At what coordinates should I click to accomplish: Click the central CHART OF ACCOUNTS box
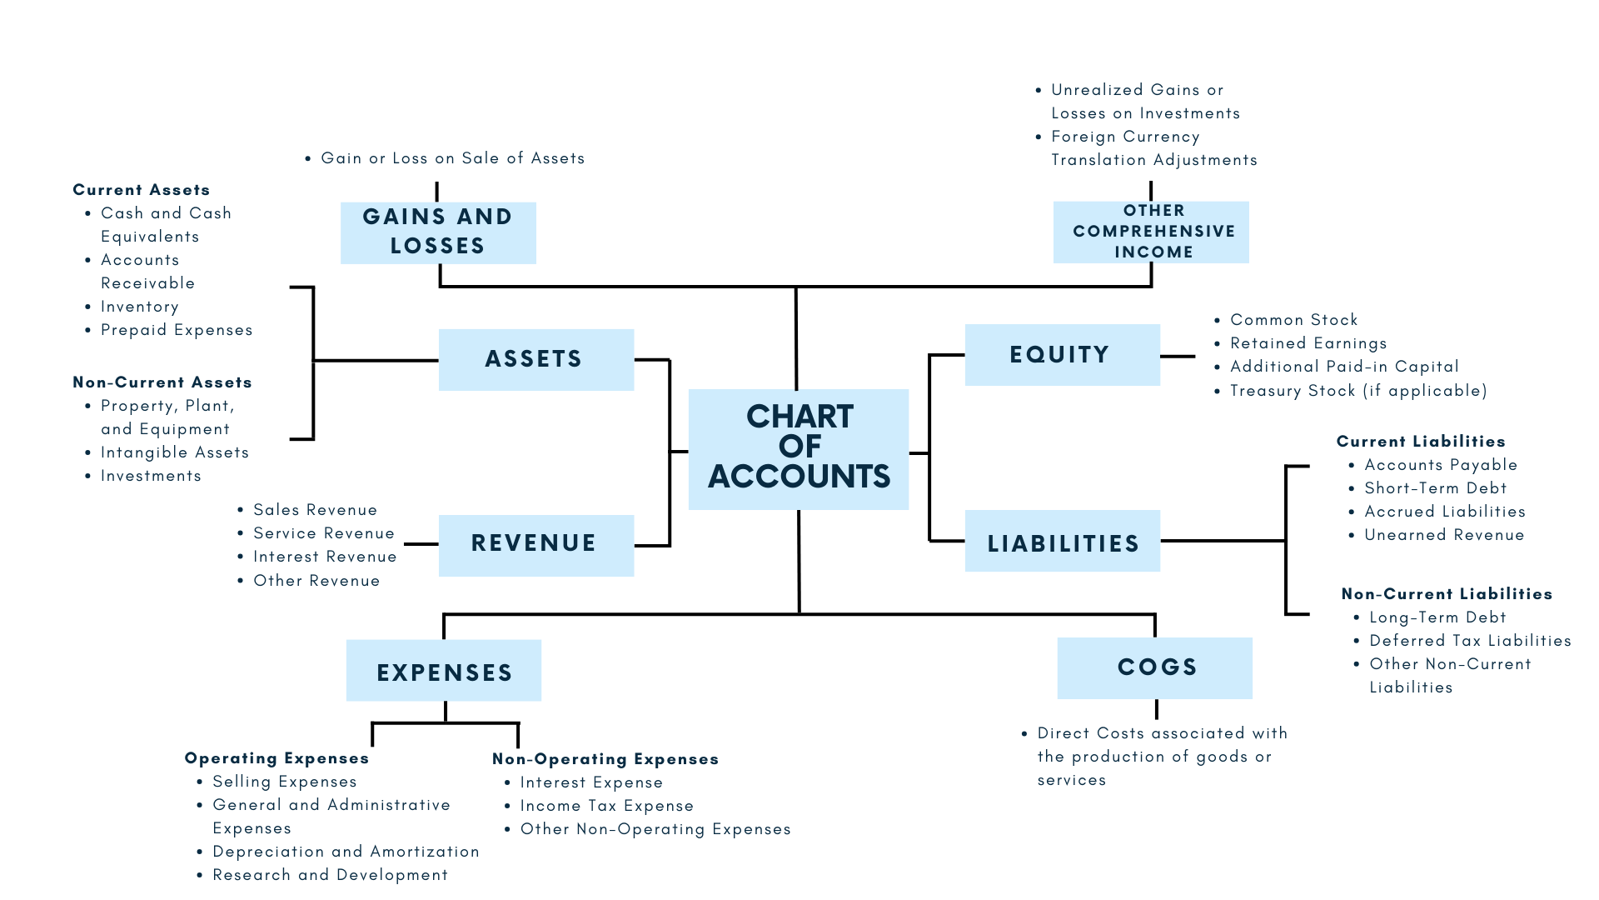798,448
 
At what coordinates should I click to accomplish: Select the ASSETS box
535,359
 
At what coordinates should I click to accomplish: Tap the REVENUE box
535,544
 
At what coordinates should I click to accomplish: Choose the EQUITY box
1062,355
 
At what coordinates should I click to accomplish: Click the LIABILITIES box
1062,542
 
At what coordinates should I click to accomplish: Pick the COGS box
1154,667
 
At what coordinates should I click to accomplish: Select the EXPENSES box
443,671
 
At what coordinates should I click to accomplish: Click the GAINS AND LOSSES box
438,232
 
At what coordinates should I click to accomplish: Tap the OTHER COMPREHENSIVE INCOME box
1151,232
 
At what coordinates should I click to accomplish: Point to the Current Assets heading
142,190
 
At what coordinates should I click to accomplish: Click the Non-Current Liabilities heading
1447,594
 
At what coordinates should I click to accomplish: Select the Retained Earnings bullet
1308,343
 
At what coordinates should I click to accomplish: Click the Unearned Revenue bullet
1444,535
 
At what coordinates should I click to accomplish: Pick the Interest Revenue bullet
325,557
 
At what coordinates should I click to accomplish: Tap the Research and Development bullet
330,875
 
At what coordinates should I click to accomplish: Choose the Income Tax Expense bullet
606,806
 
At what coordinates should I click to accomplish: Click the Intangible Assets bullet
174,452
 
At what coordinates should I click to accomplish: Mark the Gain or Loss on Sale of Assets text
452,158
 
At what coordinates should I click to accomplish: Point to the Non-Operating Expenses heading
605,759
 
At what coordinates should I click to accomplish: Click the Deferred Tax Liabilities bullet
1470,641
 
